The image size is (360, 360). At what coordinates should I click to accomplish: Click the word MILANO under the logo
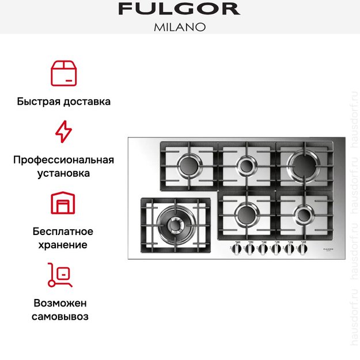tap(179, 26)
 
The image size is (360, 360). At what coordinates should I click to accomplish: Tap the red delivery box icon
tap(63, 72)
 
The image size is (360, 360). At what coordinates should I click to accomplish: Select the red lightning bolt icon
tap(63, 132)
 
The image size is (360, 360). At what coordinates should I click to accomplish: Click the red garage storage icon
tap(63, 203)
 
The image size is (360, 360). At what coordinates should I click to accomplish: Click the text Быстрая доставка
tap(63, 101)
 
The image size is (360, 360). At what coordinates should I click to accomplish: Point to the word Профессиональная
tap(63, 160)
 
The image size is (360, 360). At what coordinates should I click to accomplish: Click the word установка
tap(63, 173)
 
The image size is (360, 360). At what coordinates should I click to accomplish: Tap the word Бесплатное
tap(63, 232)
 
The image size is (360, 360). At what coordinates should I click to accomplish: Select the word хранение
tap(63, 245)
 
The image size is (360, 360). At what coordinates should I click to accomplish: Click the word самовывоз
tap(63, 316)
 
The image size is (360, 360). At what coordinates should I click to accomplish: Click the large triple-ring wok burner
tap(171, 221)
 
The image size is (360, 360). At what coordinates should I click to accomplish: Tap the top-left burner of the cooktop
tap(188, 166)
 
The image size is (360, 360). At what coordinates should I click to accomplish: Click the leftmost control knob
tap(237, 249)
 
